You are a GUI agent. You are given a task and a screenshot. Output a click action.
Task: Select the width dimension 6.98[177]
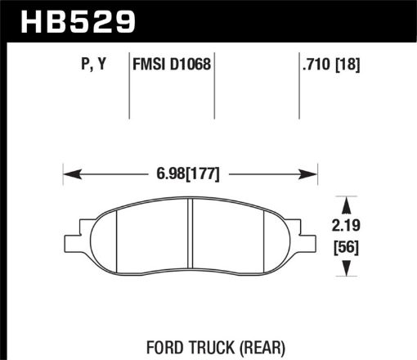point(190,174)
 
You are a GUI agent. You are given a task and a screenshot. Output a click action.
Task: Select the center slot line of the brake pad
point(189,237)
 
